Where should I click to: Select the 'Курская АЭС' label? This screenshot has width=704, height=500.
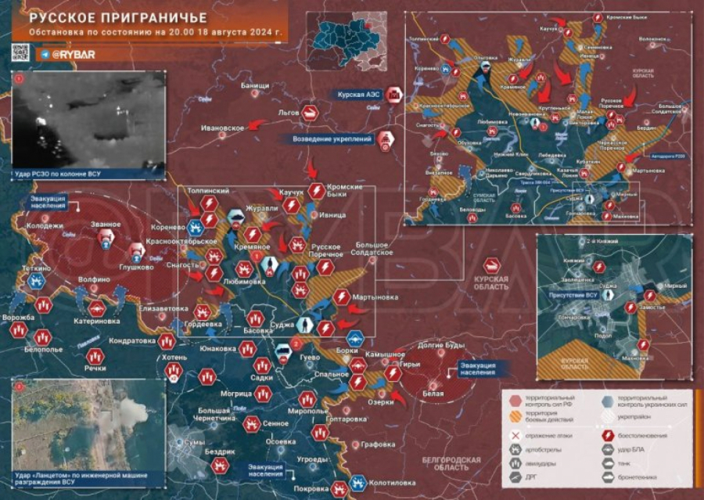tap(359, 94)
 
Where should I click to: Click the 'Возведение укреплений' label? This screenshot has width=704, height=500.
tap(332, 139)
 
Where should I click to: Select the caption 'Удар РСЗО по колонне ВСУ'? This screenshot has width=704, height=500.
tap(58, 173)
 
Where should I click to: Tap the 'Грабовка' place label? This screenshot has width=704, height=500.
tap(379, 444)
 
